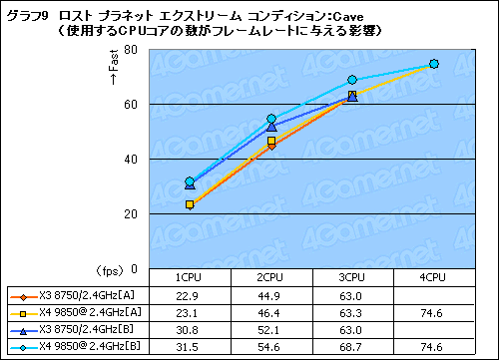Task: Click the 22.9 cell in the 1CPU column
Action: (190, 296)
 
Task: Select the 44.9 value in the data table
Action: (271, 296)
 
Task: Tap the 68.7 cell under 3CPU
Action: (352, 346)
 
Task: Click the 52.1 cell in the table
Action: (271, 329)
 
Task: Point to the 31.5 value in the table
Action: (190, 346)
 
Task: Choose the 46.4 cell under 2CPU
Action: (271, 313)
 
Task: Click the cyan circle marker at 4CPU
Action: (434, 64)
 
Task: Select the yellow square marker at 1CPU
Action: (190, 204)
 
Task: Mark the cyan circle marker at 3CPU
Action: (352, 80)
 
